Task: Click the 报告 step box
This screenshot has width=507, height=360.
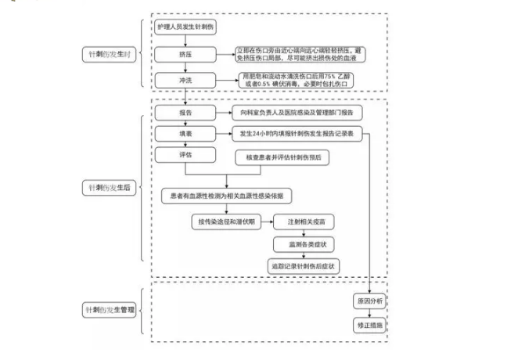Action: click(185, 113)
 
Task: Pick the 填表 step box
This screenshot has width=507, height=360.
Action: click(185, 133)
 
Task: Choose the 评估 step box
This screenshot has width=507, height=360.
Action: click(185, 154)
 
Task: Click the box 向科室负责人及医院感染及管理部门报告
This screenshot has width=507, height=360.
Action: click(302, 113)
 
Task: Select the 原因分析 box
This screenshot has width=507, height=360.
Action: click(369, 302)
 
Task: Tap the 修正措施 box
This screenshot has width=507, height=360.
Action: click(369, 324)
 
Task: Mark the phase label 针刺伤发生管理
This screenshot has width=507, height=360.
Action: click(110, 311)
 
